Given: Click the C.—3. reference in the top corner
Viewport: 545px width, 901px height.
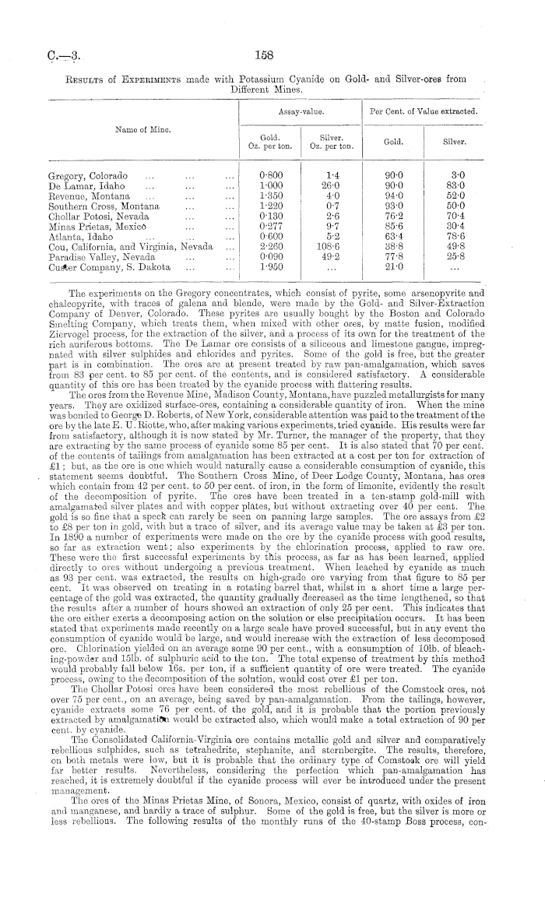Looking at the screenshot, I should point(61,55).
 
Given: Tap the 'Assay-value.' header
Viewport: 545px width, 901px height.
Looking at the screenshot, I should point(297,111).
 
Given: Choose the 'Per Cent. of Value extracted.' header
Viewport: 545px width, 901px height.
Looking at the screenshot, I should point(423,111).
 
